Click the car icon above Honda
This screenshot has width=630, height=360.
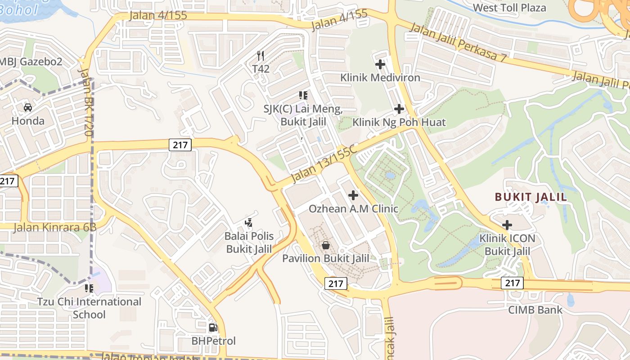point(28,108)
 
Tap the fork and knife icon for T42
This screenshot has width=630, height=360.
point(261,55)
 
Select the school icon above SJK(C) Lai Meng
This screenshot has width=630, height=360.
point(303,95)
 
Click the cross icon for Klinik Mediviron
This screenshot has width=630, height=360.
point(380,64)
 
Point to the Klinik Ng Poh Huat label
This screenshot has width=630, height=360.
point(399,122)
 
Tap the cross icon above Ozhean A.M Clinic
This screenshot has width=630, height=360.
point(353,195)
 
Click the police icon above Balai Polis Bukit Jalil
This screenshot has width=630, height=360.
point(248,222)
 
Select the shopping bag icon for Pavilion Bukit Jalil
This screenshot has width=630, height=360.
point(326,245)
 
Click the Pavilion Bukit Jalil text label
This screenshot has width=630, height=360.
point(326,259)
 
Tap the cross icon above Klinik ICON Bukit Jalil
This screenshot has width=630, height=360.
point(507,225)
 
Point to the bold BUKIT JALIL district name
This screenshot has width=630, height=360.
point(531,197)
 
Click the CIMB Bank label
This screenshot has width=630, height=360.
point(535,310)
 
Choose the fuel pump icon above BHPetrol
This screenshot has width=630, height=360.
point(213,328)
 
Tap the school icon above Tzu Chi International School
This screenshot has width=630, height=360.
point(89,288)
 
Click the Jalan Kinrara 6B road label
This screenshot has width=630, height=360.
point(55,227)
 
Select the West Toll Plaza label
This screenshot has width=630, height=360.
point(509,8)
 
